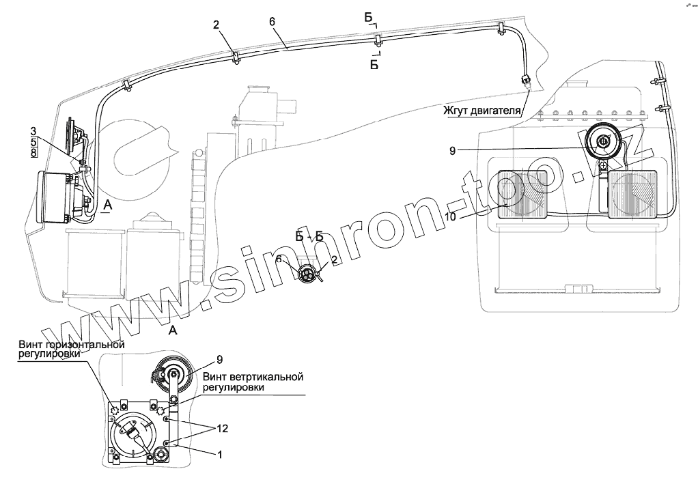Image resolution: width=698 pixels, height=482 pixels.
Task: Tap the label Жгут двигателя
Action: pyautogui.click(x=480, y=110)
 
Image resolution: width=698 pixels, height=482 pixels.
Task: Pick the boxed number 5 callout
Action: pyautogui.click(x=33, y=142)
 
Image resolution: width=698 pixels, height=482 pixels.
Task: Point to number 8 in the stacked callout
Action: pyautogui.click(x=33, y=153)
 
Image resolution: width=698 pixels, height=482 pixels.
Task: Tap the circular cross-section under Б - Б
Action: pyautogui.click(x=307, y=276)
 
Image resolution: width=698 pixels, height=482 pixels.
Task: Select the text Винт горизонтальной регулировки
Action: pyautogui.click(x=72, y=350)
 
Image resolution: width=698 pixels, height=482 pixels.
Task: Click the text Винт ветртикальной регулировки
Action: pyautogui.click(x=252, y=382)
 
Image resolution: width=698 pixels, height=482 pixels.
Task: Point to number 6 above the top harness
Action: pyautogui.click(x=272, y=21)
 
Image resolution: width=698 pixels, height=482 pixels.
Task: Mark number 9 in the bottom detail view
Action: pyautogui.click(x=220, y=360)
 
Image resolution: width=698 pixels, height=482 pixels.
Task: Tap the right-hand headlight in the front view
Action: pyautogui.click(x=632, y=195)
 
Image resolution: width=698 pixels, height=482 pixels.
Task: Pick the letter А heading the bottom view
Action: pyautogui.click(x=173, y=330)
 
